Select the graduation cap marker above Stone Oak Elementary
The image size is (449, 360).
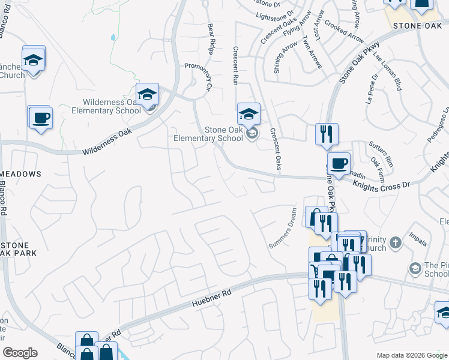[x=249, y=114]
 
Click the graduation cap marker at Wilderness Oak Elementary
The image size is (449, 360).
[x=147, y=94]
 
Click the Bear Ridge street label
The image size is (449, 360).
[x=211, y=40]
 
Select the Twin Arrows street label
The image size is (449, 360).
[x=313, y=52]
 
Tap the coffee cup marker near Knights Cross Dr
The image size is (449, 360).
[x=339, y=163]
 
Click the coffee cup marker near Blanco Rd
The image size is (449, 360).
[x=40, y=118]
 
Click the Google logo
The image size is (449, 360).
[x=20, y=353]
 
